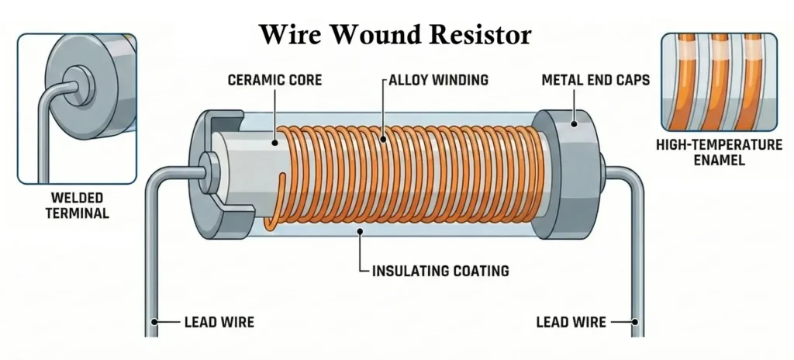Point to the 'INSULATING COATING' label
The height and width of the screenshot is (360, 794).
pyautogui.click(x=440, y=271)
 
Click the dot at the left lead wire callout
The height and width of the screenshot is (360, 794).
pyautogui.click(x=155, y=320)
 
